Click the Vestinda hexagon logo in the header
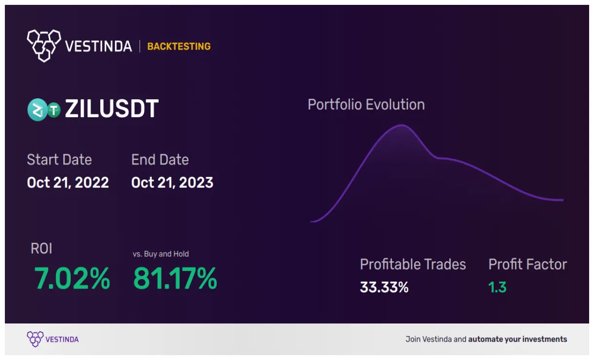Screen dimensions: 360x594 tap(44, 46)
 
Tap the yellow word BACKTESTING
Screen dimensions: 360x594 tap(179, 47)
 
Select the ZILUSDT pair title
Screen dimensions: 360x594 tap(111, 109)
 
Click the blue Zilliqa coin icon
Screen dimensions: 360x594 tap(37, 109)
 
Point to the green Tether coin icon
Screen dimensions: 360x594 tap(53, 110)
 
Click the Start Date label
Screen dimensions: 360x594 tap(59, 160)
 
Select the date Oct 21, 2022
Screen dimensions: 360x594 tap(68, 182)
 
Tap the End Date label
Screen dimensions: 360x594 tap(160, 160)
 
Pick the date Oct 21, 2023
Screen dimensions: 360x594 tap(172, 182)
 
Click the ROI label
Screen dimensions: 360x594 tap(41, 249)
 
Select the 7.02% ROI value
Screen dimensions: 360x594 tap(72, 279)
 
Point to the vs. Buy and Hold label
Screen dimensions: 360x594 tap(161, 254)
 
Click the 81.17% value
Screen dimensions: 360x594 tap(175, 279)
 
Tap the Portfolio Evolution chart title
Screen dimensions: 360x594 tap(366, 105)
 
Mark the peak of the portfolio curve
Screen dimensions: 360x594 tap(403, 126)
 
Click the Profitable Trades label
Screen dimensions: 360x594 tap(413, 264)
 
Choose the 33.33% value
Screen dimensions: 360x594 tap(384, 287)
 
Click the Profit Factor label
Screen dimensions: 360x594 tap(528, 264)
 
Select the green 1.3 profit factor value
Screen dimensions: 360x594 tap(497, 287)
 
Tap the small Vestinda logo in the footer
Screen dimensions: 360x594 tap(35, 339)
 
